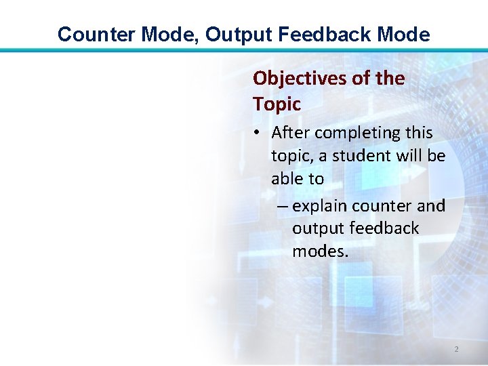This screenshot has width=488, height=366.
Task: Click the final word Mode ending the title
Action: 404,35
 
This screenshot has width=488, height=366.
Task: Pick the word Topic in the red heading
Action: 277,104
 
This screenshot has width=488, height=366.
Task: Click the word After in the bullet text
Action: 291,133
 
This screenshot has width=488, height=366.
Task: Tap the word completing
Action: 356,133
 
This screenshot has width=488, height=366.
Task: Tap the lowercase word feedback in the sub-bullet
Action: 383,228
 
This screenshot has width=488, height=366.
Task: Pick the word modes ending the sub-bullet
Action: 320,251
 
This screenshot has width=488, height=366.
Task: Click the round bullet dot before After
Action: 260,134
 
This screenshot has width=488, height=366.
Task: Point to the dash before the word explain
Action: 283,205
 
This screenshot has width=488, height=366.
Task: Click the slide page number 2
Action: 456,349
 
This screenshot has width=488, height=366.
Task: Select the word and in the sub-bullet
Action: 431,205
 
